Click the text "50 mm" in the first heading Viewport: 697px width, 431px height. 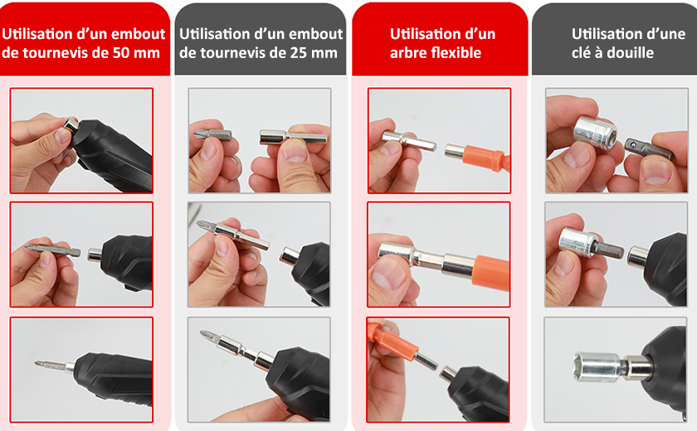pos(136,53)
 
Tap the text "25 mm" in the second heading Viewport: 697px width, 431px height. pos(314,53)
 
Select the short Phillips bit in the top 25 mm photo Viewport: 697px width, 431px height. pos(212,133)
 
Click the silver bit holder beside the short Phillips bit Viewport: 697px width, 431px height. pos(293,137)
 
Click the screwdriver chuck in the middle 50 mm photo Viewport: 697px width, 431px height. pos(95,254)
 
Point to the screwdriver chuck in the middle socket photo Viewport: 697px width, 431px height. pos(638,257)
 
